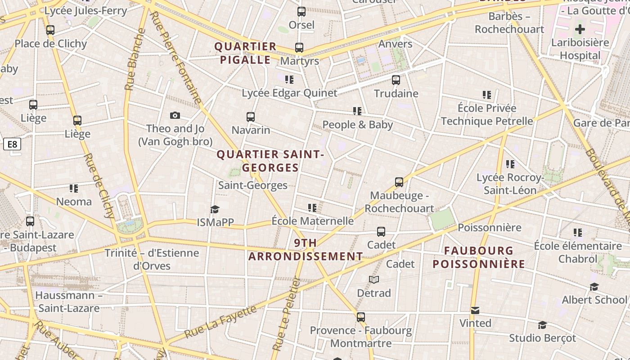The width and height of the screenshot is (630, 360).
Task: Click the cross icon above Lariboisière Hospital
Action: point(580,29)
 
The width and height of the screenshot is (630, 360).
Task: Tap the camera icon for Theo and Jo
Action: point(175,116)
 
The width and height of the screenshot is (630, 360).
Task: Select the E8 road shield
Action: point(13,144)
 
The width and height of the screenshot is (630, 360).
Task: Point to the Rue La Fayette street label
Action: point(221,322)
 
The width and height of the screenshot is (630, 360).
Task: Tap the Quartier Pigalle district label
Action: point(245,53)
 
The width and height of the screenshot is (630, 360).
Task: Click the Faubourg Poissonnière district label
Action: point(479,257)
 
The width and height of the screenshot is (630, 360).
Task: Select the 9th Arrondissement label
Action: point(306,250)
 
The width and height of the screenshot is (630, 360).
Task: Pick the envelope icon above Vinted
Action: point(475,310)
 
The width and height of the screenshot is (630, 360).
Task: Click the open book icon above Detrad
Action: point(374,280)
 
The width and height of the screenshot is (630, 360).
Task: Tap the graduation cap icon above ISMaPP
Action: point(215,209)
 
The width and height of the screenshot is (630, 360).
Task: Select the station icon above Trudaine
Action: point(396,80)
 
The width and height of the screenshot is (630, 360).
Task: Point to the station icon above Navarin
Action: point(251,117)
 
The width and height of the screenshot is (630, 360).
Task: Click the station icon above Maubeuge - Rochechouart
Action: point(399,182)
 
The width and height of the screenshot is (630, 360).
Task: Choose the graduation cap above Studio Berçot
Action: point(542,325)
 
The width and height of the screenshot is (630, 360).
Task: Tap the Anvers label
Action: point(395,44)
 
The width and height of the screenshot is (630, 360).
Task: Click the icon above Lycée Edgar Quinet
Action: point(289,80)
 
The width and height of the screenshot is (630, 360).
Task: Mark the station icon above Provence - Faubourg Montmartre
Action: point(360,317)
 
